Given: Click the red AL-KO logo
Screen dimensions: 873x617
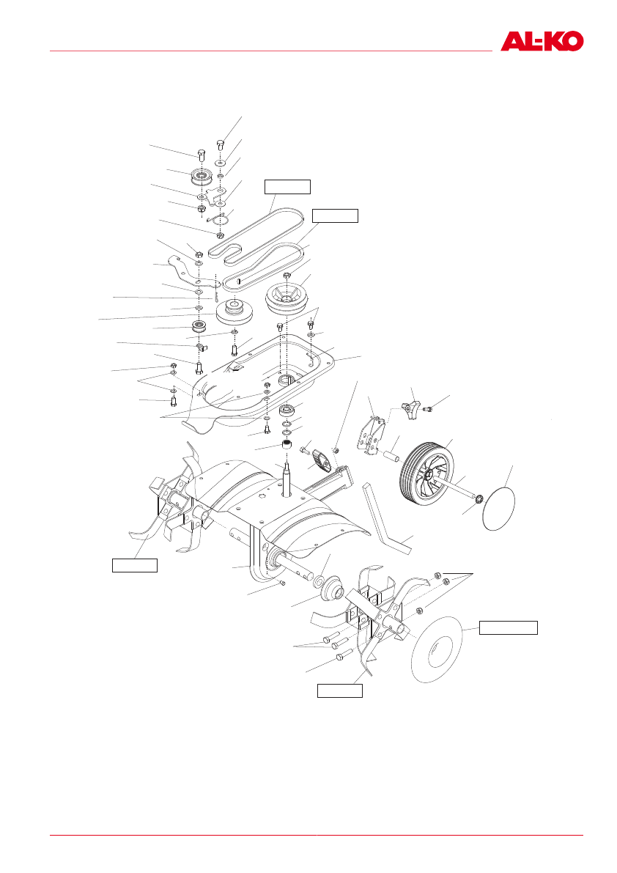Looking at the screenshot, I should (542, 41).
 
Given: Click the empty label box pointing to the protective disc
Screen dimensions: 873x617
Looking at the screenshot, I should (508, 627).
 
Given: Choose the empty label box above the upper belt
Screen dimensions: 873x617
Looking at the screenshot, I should (287, 186).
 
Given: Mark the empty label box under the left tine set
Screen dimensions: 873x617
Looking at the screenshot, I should (134, 564).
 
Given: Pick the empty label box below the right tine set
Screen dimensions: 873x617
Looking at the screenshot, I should (339, 690).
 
